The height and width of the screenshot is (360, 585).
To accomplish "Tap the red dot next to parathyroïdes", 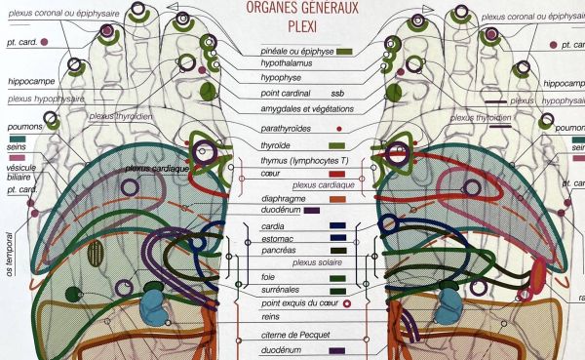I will pos(338,129).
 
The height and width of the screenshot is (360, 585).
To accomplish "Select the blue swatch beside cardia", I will pos(338,226).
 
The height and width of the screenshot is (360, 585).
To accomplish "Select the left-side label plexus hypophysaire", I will pos(45,99).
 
